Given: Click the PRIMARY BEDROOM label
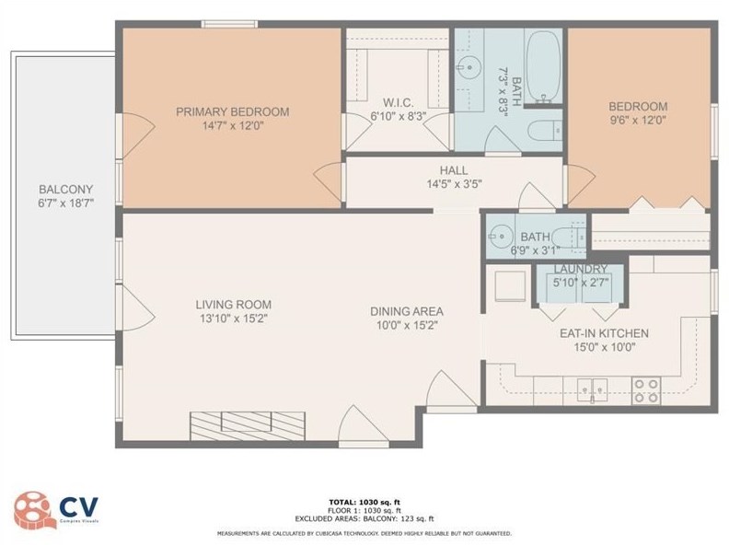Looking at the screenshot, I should pyautogui.click(x=232, y=111).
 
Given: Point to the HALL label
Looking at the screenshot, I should pyautogui.click(x=453, y=170).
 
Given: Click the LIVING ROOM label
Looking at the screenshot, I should pyautogui.click(x=232, y=305).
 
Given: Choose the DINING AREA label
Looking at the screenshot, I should pyautogui.click(x=408, y=311).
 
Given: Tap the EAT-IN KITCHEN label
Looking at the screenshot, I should pyautogui.click(x=604, y=333).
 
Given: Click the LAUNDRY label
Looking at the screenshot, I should pyautogui.click(x=580, y=269).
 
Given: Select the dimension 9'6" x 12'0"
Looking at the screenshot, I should pyautogui.click(x=636, y=119).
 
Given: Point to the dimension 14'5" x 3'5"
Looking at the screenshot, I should pyautogui.click(x=453, y=183).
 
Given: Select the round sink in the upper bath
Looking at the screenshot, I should pyautogui.click(x=471, y=66).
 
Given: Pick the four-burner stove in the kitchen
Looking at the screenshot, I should pyautogui.click(x=646, y=389).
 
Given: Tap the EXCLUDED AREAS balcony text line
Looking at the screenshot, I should pyautogui.click(x=364, y=518).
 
